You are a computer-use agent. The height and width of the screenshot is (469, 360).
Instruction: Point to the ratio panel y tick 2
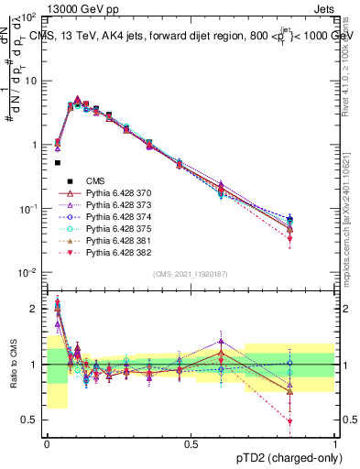35,309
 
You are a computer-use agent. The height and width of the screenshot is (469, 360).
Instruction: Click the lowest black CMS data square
58,163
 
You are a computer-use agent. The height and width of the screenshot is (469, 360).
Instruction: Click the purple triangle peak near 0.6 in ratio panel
221,342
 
